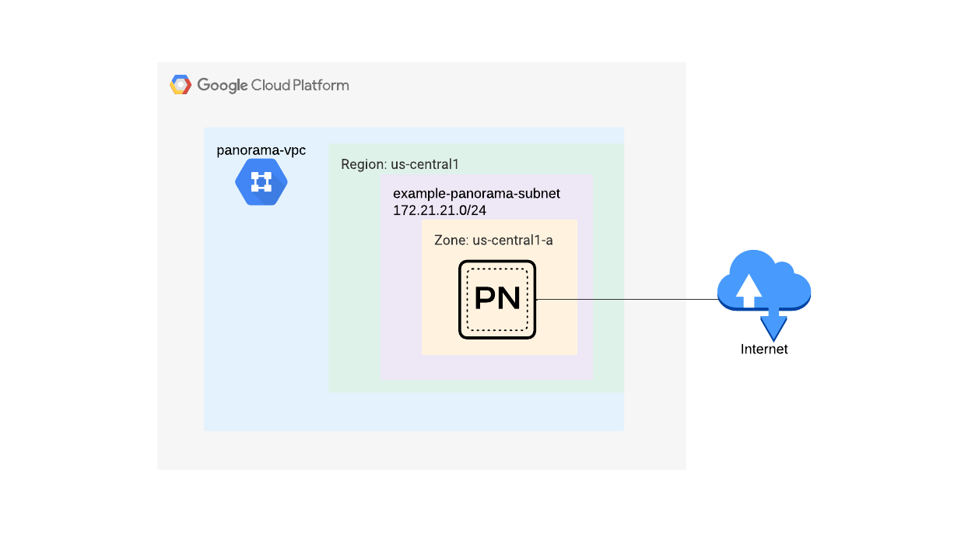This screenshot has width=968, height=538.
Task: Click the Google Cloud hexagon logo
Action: click(181, 85)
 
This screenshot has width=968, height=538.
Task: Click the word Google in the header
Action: click(222, 86)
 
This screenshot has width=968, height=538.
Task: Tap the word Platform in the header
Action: click(320, 86)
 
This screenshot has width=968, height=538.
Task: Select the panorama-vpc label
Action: click(261, 150)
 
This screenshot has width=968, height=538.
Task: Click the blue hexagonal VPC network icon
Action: click(261, 182)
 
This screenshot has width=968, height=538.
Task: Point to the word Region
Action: click(363, 165)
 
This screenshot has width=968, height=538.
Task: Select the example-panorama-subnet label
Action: click(476, 193)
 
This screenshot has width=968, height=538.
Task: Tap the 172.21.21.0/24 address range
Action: click(440, 210)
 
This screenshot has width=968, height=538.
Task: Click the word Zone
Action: click(450, 240)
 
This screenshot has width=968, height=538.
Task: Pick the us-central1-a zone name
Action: click(513, 240)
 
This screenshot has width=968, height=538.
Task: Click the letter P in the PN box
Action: click(486, 299)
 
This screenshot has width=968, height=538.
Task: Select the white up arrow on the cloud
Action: click(749, 290)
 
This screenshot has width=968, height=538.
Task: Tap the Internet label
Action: click(764, 350)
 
